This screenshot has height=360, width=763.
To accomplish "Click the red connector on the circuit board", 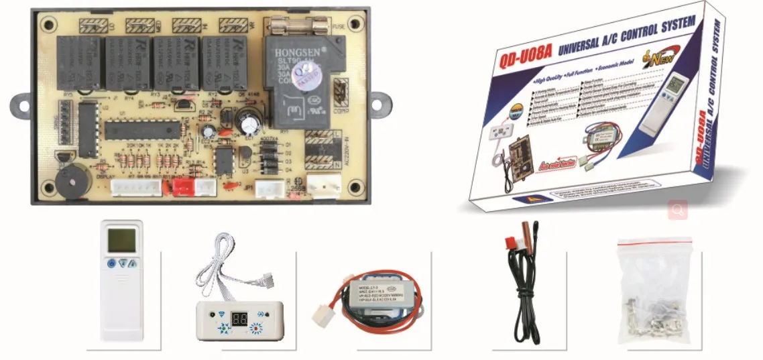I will [x=182, y=188].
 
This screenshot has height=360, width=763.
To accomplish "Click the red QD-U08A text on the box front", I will [x=524, y=56].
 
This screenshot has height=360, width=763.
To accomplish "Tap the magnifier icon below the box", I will [x=678, y=211].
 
